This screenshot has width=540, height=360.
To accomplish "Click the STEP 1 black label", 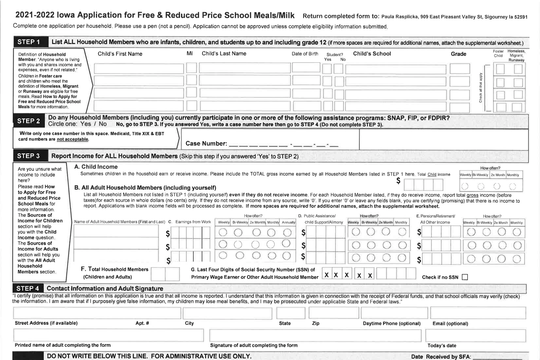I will [x=29, y=42].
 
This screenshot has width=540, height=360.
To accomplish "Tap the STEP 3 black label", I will [x=28, y=156].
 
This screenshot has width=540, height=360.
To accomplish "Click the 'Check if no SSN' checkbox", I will [x=465, y=277].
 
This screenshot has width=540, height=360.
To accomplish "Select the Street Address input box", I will [x=97, y=313].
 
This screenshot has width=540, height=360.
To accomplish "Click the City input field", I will [x=227, y=313].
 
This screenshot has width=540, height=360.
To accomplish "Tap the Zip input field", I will [x=334, y=313].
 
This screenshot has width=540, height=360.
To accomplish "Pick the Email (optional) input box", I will [x=478, y=313].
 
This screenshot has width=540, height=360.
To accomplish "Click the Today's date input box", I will [x=475, y=335].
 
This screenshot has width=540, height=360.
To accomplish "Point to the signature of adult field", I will [x=315, y=335].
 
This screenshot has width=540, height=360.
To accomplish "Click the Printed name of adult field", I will [x=109, y=335].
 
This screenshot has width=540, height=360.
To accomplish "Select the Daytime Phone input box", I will [x=394, y=313].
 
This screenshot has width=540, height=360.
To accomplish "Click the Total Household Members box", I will [x=165, y=274].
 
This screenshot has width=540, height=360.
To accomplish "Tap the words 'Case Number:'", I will [x=206, y=143].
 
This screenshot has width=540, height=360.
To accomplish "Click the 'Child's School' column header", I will [x=372, y=53].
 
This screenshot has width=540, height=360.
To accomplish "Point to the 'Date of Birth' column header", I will [x=305, y=53].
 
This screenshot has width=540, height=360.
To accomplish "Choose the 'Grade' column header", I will [x=458, y=54].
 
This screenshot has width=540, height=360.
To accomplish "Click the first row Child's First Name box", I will [x=139, y=68].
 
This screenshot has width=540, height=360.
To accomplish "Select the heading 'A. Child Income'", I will [x=96, y=167].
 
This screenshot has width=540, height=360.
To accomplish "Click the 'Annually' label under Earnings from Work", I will [x=289, y=222].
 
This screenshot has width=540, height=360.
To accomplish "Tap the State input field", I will [x=291, y=313].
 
